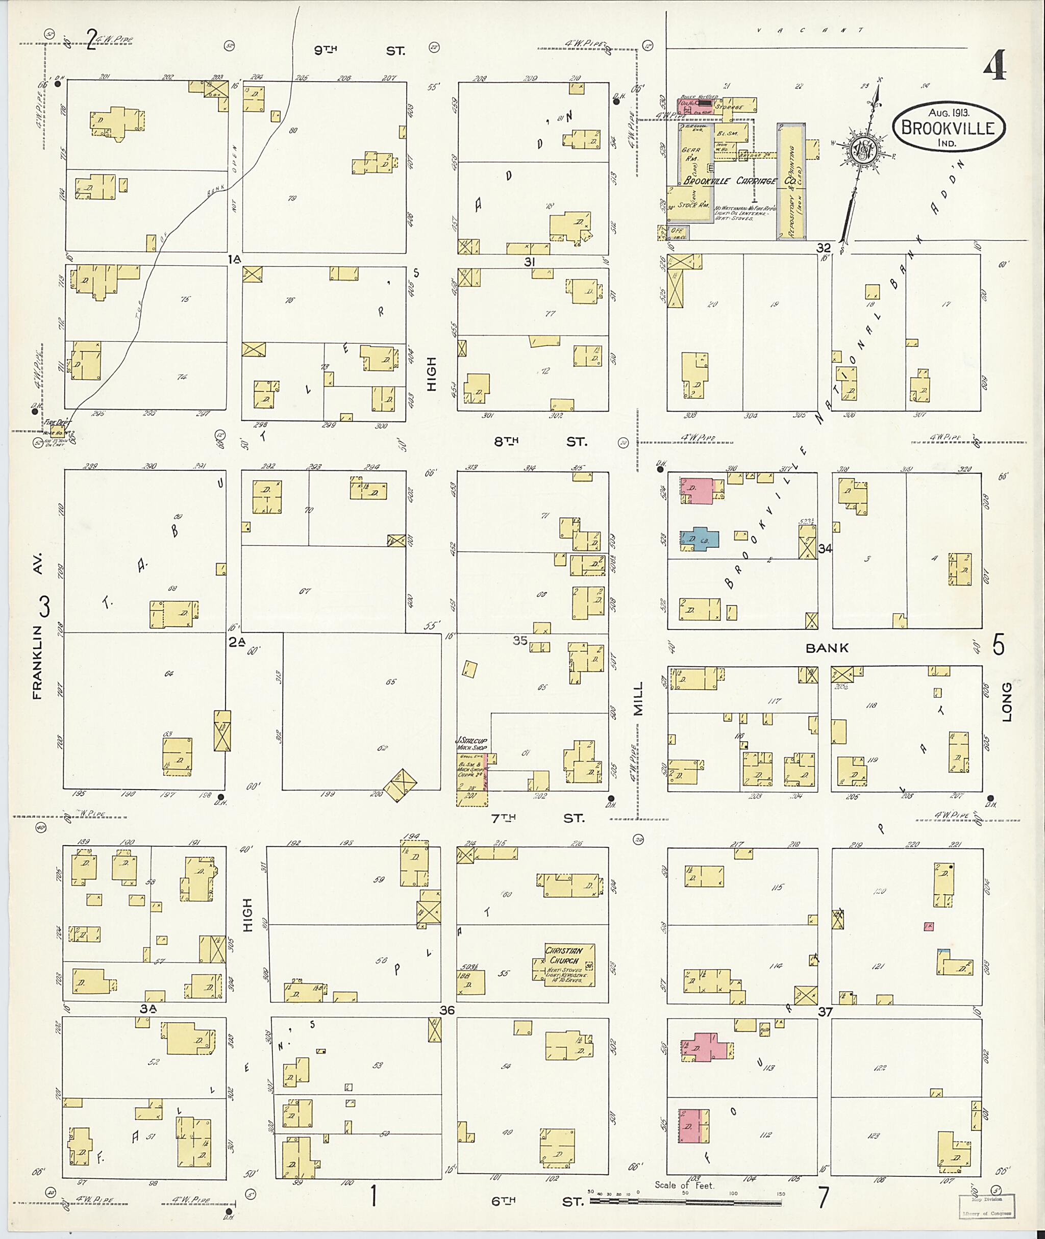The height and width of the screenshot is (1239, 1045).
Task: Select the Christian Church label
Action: [x=563, y=955]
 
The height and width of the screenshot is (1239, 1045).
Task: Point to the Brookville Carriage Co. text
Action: [x=729, y=181]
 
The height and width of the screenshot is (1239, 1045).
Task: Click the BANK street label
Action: [x=827, y=648]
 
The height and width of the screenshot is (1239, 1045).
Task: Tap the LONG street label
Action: [x=1007, y=702]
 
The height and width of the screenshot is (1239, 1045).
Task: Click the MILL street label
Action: [x=638, y=698]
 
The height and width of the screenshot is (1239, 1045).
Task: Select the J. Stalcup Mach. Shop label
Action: [x=471, y=744]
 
